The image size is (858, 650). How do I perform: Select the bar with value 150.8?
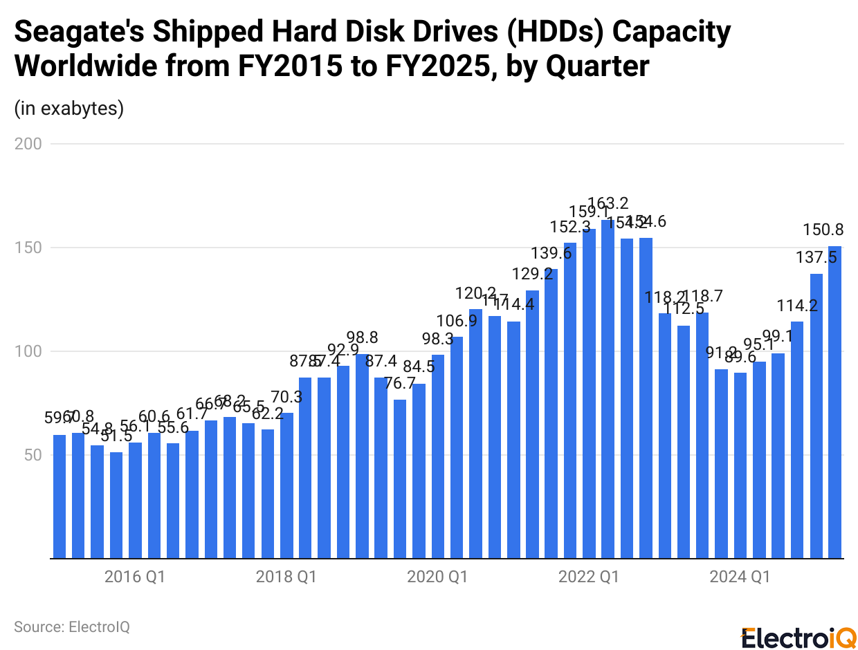(835, 402)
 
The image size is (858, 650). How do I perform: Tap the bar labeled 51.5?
(116, 505)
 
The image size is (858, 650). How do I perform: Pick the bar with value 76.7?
(400, 479)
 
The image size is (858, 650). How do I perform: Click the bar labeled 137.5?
(816, 416)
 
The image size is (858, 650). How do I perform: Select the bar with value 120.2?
(475, 434)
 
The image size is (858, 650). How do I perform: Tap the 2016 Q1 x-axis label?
(135, 577)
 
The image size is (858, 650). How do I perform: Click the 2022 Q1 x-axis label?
(589, 577)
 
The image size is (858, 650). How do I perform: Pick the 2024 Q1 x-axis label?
(740, 577)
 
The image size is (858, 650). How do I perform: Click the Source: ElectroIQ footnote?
(72, 626)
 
